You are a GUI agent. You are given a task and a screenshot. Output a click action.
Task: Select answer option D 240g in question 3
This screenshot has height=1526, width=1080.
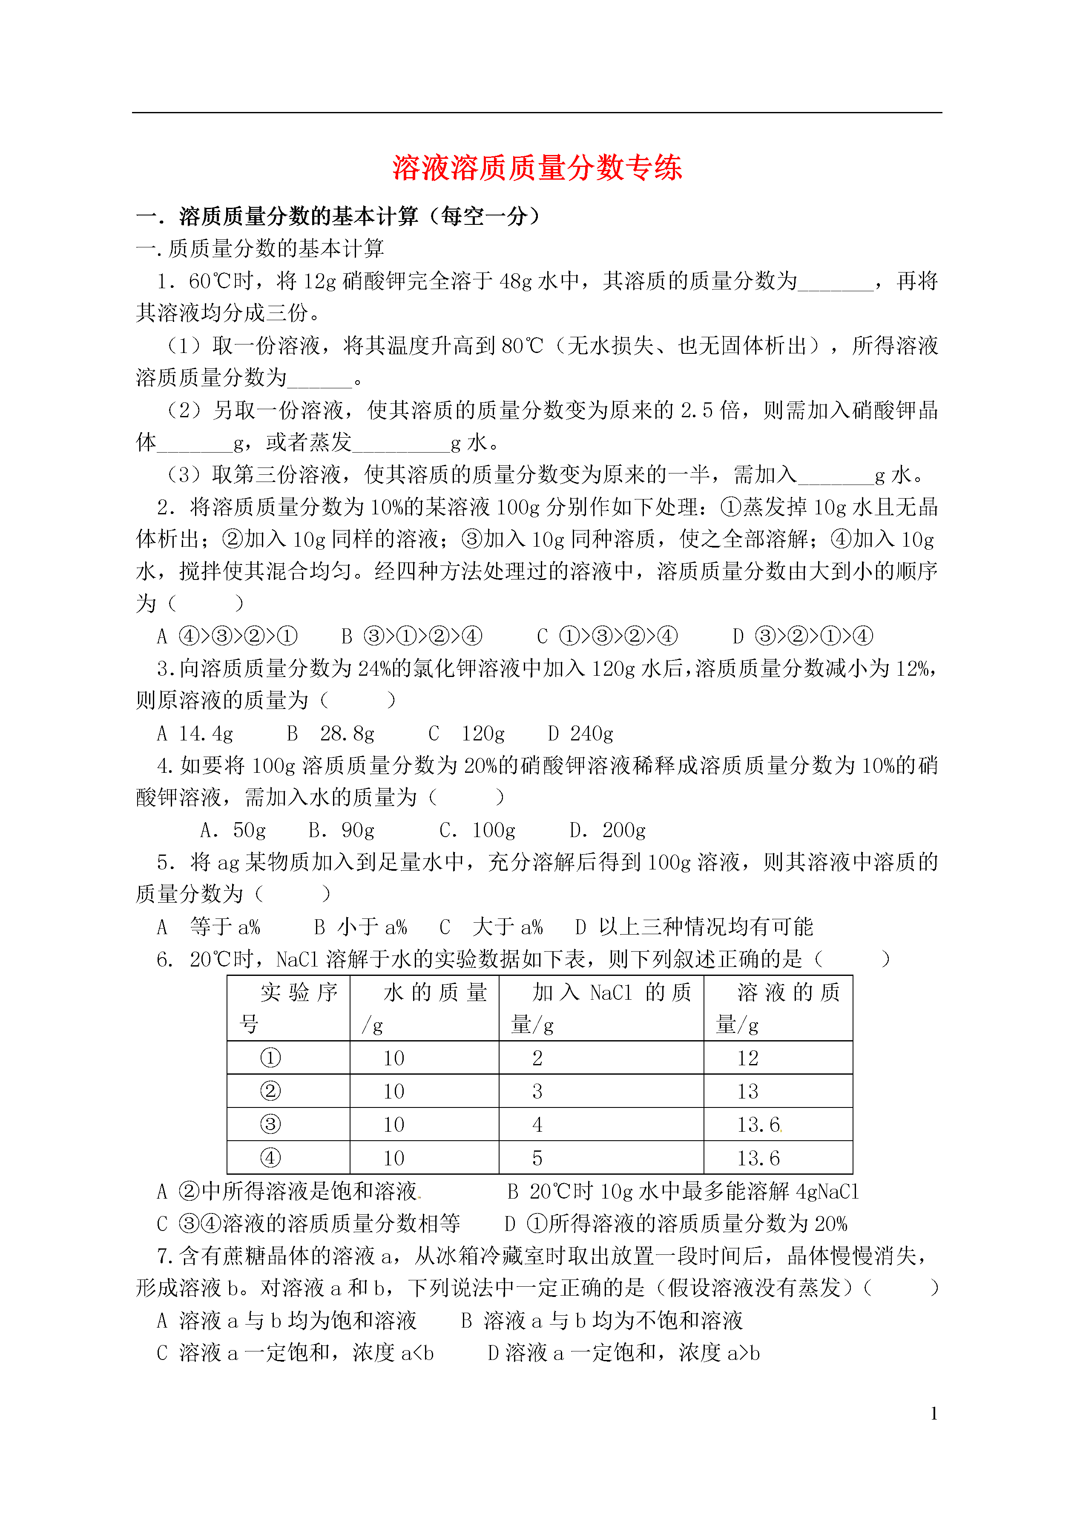580,734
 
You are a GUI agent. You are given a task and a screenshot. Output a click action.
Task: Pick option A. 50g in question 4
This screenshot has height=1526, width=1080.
233,830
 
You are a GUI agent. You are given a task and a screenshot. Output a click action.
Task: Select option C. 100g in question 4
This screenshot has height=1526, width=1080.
477,830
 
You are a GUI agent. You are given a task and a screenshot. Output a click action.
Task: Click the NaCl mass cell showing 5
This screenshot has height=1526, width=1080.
537,1158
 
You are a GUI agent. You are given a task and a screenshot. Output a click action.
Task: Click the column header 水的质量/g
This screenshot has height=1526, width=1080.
424,1008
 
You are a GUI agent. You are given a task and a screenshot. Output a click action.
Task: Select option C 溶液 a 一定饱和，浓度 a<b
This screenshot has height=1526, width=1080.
295,1352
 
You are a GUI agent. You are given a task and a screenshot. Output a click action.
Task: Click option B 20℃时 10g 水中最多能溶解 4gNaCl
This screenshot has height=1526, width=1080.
683,1191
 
